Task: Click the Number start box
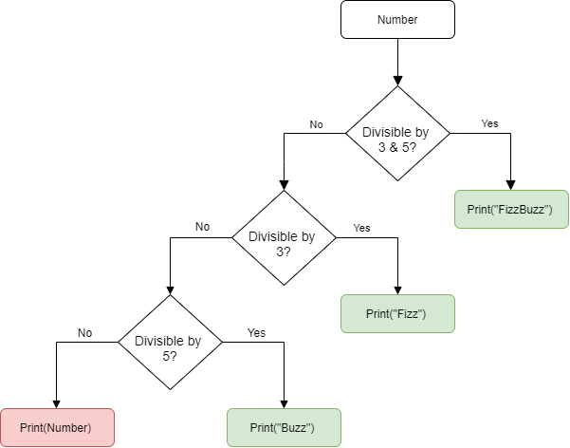tap(397, 20)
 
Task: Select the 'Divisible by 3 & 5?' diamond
tap(397, 134)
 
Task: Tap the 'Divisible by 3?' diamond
tap(284, 237)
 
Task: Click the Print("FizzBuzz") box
tap(511, 209)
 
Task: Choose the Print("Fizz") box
tap(397, 313)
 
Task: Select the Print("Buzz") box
tap(284, 427)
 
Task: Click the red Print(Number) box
tap(57, 427)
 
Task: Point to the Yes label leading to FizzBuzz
tap(489, 123)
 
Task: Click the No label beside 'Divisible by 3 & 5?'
tap(317, 123)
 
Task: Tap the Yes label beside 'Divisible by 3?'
tap(361, 228)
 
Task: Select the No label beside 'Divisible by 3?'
tap(202, 227)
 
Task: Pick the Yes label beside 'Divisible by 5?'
tap(256, 332)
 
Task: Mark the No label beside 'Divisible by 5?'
tap(85, 332)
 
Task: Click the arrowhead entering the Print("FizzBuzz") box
tap(511, 184)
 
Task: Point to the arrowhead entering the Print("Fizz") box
tap(397, 289)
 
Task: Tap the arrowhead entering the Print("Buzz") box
tap(284, 402)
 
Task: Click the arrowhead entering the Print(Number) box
tap(57, 402)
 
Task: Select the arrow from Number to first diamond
tap(397, 61)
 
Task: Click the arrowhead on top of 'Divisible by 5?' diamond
tap(170, 289)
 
